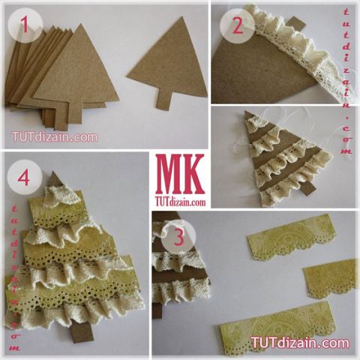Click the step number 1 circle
pyautogui.click(x=25, y=25)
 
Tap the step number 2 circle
pyautogui.click(x=238, y=26)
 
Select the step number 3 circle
pyautogui.click(x=178, y=237)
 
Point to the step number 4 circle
pyautogui.click(x=25, y=178)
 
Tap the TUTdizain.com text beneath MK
pyautogui.click(x=180, y=201)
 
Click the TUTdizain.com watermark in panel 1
pyautogui.click(x=55, y=136)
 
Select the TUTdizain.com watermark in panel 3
pyautogui.click(x=300, y=343)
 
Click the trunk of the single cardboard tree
pyautogui.click(x=164, y=99)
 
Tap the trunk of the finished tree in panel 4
pyautogui.click(x=80, y=332)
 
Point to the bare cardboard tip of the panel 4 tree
pyautogui.click(x=55, y=178)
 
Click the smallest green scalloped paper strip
pyautogui.click(x=330, y=278)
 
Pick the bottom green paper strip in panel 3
pyautogui.click(x=277, y=327)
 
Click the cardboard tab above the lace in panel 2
pyautogui.click(x=297, y=26)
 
